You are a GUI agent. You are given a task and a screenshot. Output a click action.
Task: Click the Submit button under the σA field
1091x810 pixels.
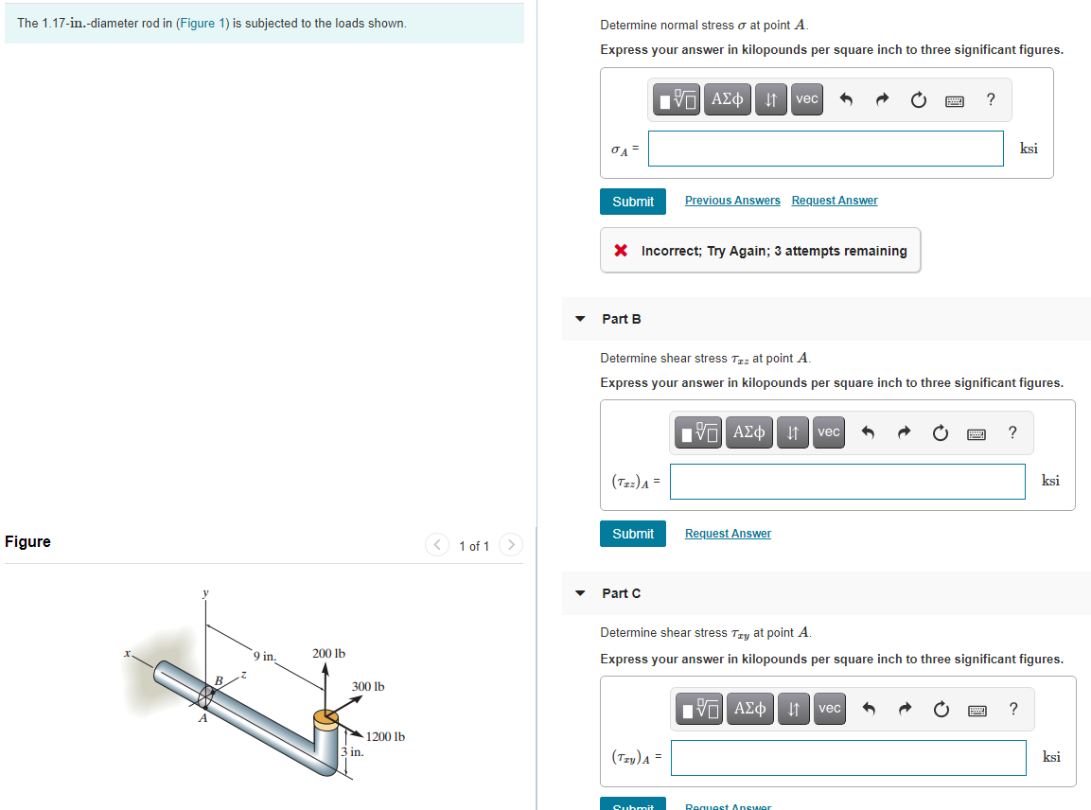tap(632, 202)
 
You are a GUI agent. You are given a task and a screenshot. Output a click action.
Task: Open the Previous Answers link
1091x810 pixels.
tap(731, 201)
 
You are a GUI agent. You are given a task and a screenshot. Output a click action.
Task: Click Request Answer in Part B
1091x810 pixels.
tap(727, 534)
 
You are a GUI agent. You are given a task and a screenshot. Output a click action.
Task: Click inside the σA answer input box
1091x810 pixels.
tap(825, 149)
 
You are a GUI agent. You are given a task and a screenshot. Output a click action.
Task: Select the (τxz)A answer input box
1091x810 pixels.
tap(847, 481)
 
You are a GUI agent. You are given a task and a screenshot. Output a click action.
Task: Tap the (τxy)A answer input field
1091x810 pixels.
tap(848, 757)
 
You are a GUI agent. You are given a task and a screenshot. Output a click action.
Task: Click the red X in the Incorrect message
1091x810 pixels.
tap(621, 251)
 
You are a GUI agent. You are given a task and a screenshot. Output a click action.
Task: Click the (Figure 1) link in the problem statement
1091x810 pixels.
tap(202, 23)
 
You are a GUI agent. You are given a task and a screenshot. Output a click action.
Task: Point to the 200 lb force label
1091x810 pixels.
tap(328, 653)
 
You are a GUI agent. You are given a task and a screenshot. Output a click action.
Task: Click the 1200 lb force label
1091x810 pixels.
tap(385, 736)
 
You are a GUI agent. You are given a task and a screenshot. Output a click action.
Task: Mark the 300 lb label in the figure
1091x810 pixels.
tap(368, 686)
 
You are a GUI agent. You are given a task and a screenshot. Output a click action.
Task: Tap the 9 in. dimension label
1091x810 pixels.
tap(264, 655)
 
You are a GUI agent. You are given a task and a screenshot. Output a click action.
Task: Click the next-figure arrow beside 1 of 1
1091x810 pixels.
tap(510, 545)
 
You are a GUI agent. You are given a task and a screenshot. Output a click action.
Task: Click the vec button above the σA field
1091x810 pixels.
tap(806, 99)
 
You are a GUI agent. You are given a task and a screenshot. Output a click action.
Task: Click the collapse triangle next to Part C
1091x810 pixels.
tap(580, 593)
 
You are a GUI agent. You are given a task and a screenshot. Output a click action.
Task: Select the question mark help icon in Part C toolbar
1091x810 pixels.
tap(1012, 709)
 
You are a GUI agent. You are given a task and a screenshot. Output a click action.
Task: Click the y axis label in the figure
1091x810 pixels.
tap(203, 593)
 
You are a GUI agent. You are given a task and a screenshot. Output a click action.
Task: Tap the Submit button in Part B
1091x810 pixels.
tap(632, 534)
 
